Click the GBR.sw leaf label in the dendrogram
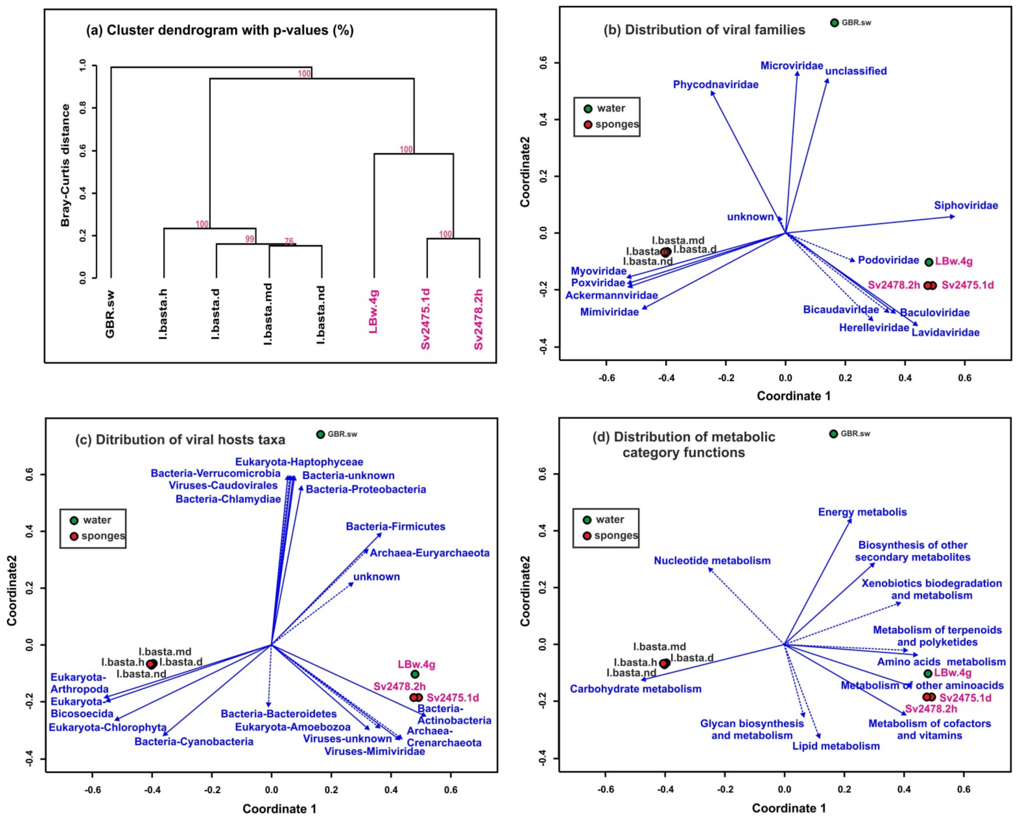click(x=110, y=314)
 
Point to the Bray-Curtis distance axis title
click(x=66, y=165)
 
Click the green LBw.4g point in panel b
click(x=929, y=262)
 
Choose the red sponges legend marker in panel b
click(x=588, y=125)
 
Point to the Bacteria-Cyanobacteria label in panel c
click(x=194, y=742)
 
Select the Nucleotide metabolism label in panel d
click(x=712, y=561)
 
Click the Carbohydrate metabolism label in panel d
click(x=635, y=689)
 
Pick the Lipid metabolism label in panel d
click(x=836, y=746)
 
